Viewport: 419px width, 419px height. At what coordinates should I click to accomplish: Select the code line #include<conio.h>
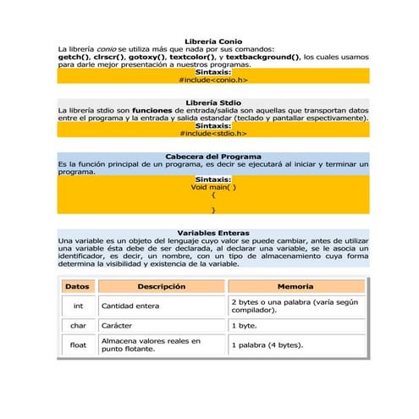(x=212, y=80)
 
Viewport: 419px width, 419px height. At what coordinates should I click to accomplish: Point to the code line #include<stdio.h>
(x=212, y=133)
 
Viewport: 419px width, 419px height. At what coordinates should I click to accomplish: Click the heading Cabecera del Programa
(x=212, y=157)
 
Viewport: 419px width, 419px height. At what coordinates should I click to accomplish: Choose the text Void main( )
(x=212, y=187)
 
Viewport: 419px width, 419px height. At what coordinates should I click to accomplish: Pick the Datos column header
(x=77, y=287)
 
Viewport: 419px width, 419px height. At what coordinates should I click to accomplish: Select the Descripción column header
(x=161, y=287)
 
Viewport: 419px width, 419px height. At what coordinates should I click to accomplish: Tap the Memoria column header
(x=295, y=287)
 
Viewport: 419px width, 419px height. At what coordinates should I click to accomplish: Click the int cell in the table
(x=78, y=306)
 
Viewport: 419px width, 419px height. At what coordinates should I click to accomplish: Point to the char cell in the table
(x=78, y=325)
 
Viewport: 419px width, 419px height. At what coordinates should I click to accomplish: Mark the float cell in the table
(x=78, y=345)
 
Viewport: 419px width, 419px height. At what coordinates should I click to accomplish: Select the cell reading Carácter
(x=119, y=325)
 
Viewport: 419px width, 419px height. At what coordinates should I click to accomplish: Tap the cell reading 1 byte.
(x=245, y=325)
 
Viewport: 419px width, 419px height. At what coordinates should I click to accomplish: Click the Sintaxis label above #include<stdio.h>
(x=212, y=125)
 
